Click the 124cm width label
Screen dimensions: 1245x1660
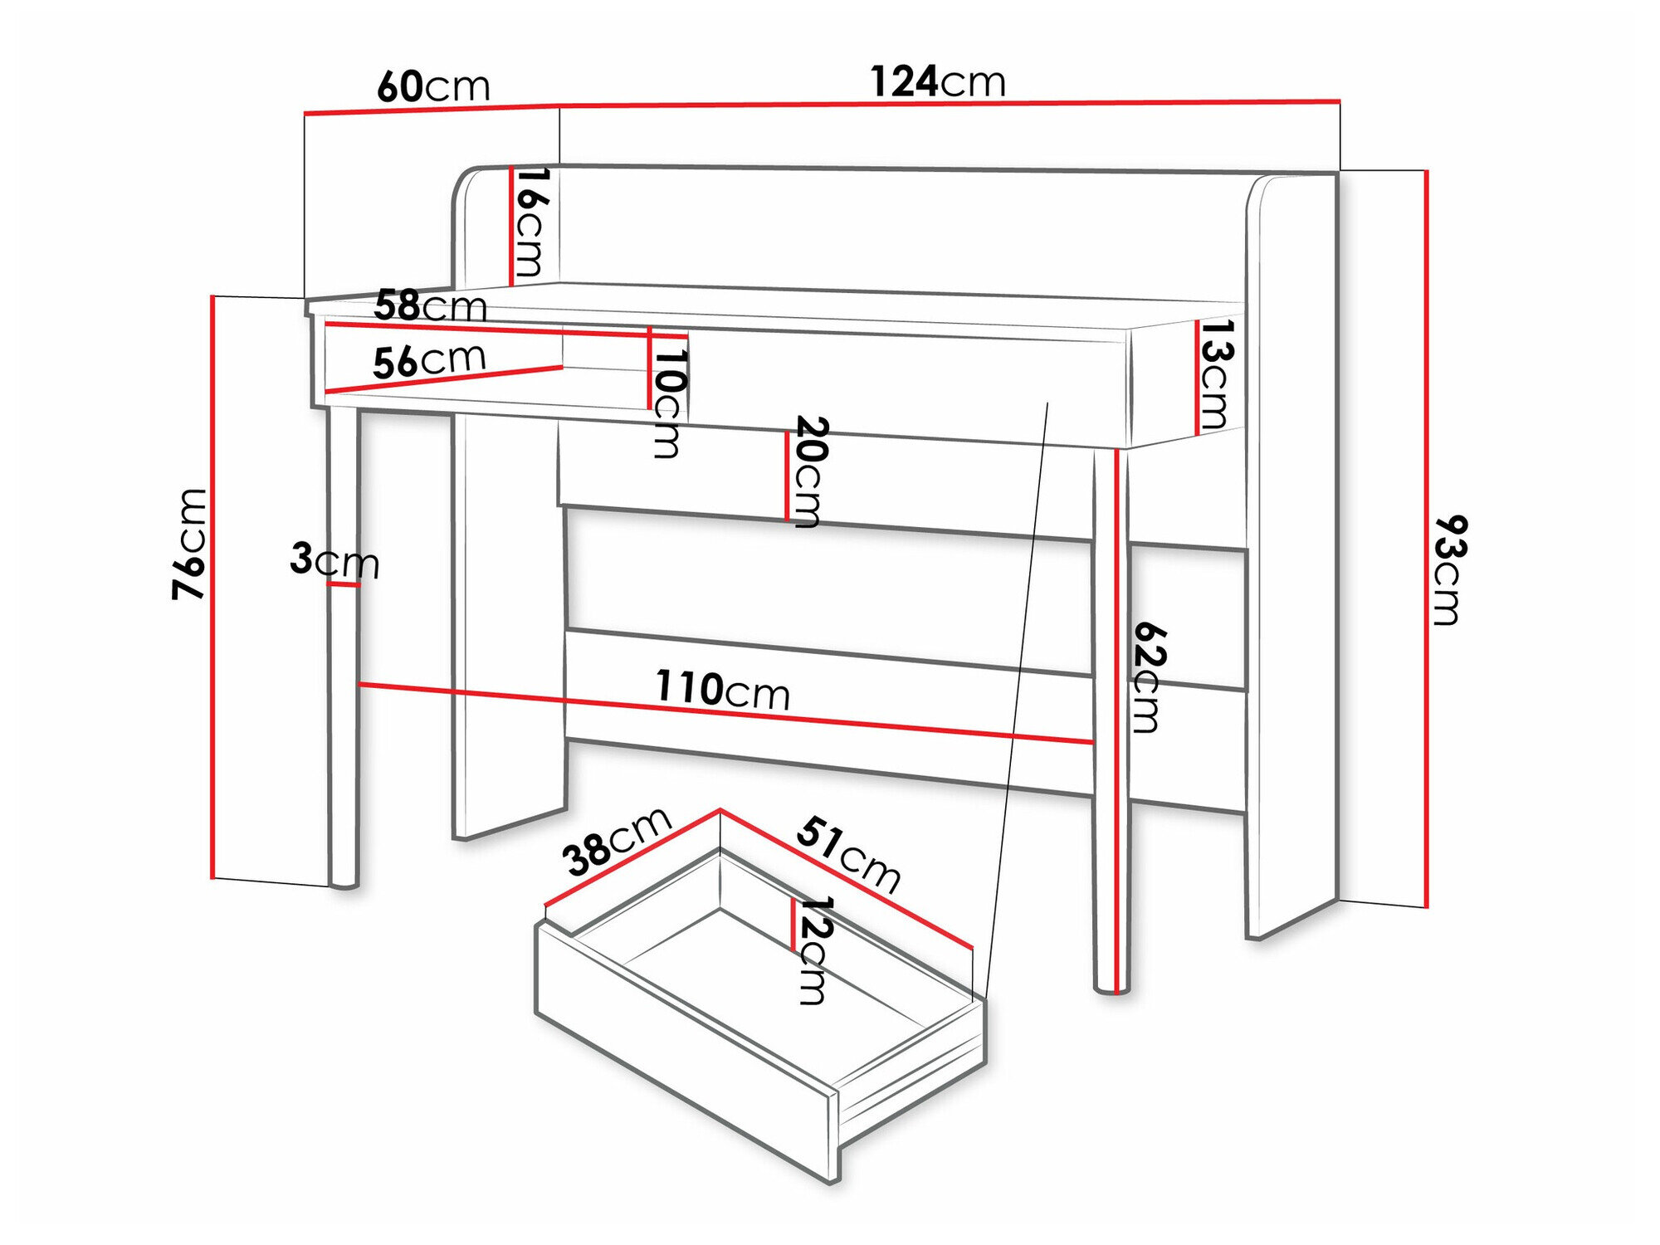tap(937, 81)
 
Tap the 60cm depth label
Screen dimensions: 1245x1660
tap(433, 86)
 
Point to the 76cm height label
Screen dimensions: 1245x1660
tap(189, 544)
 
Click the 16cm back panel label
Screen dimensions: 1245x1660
tap(530, 222)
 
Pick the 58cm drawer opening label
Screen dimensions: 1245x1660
tap(430, 305)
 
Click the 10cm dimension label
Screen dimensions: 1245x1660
tap(668, 403)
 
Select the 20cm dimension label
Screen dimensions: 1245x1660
tap(808, 471)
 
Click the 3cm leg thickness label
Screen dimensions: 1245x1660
tap(334, 560)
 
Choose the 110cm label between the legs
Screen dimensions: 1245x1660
tap(722, 689)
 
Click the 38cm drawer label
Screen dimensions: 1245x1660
tap(616, 840)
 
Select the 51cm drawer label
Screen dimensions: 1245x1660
tap(848, 855)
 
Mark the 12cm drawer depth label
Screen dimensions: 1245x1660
tap(813, 950)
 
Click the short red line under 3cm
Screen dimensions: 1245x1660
tap(343, 585)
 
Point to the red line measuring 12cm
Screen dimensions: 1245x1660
tap(793, 924)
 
